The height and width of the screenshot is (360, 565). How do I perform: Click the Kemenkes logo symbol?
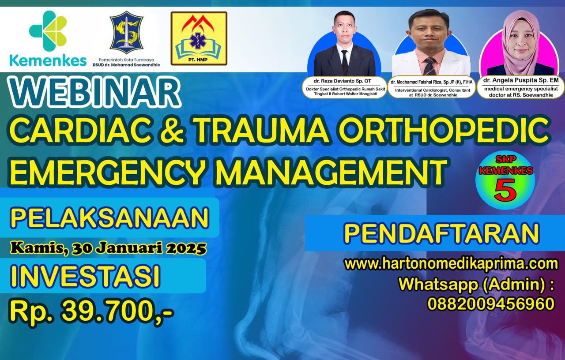[x=48, y=31]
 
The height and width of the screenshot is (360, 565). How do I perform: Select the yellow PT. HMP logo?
[x=199, y=38]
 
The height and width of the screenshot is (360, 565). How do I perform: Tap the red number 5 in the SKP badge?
[x=505, y=190]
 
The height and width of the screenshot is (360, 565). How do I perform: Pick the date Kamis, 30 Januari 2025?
[x=109, y=248]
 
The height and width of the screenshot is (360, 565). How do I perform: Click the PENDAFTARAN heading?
[x=441, y=234]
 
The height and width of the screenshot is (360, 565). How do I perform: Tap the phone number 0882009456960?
[x=491, y=304]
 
